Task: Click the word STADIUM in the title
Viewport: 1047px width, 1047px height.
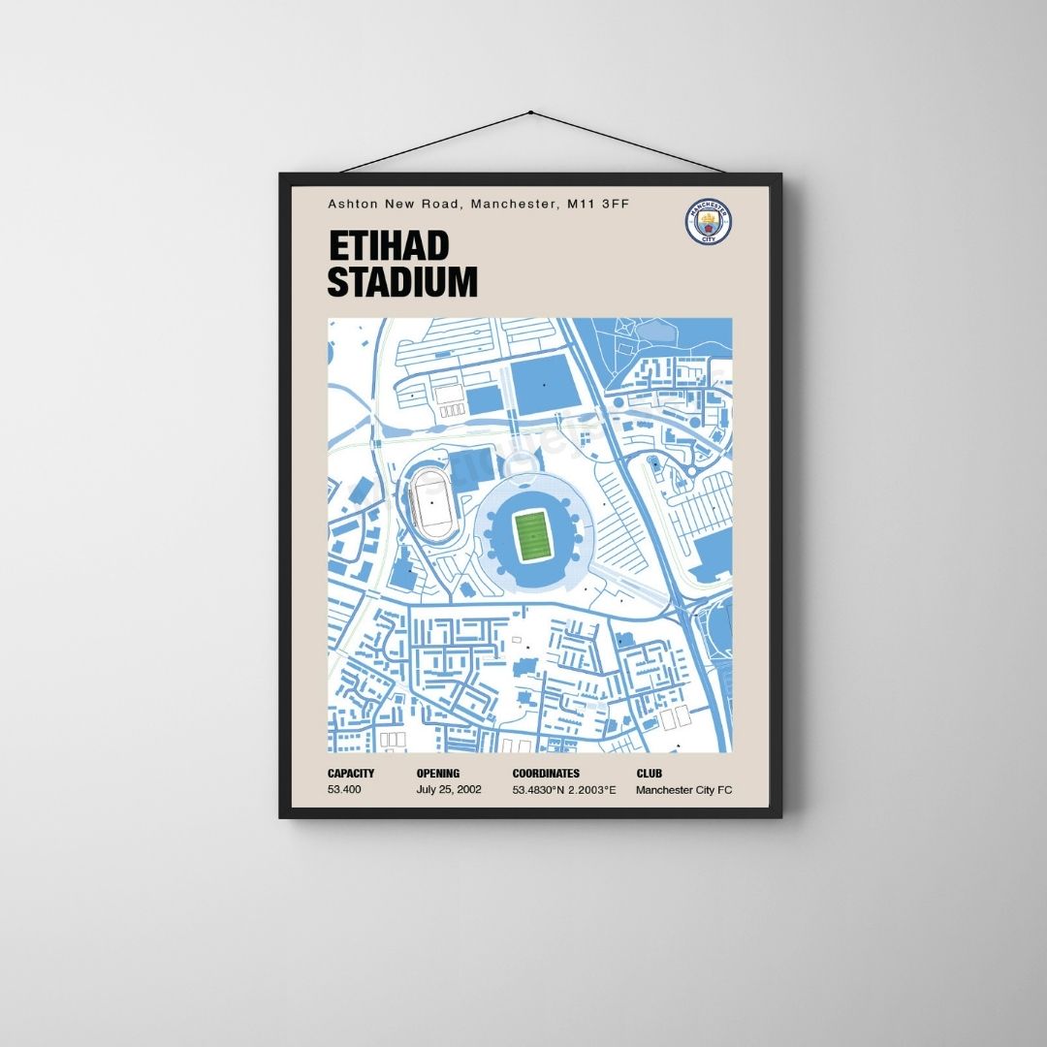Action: (x=402, y=282)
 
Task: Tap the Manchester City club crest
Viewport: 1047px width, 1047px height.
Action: (x=709, y=222)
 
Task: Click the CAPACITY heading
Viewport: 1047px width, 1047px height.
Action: (x=351, y=774)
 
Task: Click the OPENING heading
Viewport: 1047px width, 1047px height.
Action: (x=438, y=774)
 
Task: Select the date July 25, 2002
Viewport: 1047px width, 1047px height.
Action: (x=449, y=790)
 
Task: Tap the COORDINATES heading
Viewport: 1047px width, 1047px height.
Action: (x=546, y=774)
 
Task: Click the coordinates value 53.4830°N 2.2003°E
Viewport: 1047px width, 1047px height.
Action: (x=564, y=790)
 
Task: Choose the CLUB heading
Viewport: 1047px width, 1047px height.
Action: (x=649, y=774)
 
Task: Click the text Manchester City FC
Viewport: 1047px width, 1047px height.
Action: (x=684, y=790)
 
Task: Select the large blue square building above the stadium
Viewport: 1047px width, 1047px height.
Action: (x=543, y=386)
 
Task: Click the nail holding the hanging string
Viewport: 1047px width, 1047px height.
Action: (x=529, y=112)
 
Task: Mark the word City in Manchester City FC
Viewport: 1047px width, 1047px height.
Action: (x=704, y=790)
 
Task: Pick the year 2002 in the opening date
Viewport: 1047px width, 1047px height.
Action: (x=468, y=790)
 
